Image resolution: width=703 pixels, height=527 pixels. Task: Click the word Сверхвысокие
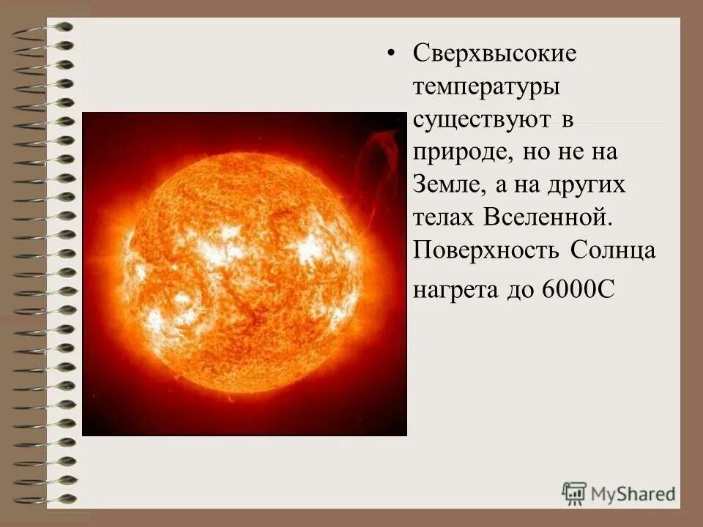click(x=495, y=53)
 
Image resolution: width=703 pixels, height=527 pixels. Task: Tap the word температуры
click(x=487, y=87)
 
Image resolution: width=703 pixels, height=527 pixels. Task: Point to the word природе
click(x=454, y=153)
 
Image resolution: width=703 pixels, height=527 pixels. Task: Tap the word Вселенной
click(x=545, y=217)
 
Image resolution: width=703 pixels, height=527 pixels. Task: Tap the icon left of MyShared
click(x=574, y=493)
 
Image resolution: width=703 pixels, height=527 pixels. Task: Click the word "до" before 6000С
click(x=519, y=289)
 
